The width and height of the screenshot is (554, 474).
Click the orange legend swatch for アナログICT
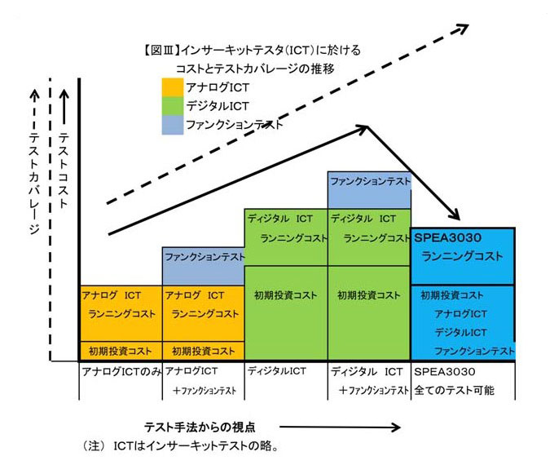coord(173,87)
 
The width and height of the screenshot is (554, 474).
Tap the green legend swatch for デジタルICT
coord(173,106)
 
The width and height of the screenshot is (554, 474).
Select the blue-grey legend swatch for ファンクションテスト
coord(173,125)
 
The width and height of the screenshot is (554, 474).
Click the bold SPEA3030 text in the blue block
coord(447,237)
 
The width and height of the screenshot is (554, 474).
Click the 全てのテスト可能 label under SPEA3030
coord(454,390)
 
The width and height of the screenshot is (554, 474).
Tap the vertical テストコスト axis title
coord(64,170)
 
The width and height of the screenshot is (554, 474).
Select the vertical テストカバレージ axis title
coord(34,184)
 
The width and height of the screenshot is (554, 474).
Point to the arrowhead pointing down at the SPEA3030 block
coord(454,215)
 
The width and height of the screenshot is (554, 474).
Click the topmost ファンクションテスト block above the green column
coord(369,190)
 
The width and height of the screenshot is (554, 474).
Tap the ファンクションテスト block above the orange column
coord(203,266)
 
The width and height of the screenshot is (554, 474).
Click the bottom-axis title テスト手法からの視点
coord(200,427)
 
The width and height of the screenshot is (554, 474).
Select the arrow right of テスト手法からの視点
coord(340,427)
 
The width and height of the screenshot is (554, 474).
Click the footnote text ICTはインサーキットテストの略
coord(195,446)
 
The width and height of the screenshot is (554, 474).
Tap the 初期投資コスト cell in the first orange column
coord(121,352)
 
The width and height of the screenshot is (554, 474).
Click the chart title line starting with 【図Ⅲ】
coord(252,51)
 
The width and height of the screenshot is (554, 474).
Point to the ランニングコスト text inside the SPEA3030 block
coord(462,256)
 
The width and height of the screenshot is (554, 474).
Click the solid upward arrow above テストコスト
coord(64,107)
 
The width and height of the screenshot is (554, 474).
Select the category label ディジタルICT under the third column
coord(277,371)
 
